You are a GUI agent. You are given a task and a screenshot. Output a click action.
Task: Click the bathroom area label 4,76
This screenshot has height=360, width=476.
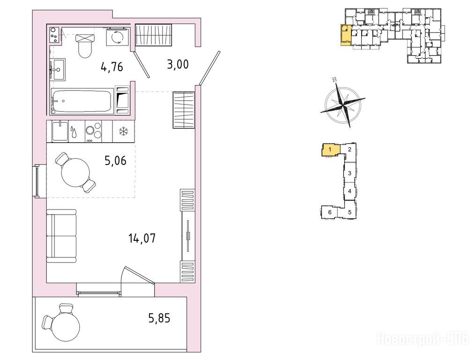[112, 67]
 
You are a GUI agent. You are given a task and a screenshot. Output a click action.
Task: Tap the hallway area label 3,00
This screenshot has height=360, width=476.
[178, 64]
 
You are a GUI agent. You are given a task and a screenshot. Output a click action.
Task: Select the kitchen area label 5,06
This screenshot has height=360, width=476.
[115, 160]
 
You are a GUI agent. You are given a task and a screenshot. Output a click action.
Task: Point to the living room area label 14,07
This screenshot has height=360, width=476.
[142, 238]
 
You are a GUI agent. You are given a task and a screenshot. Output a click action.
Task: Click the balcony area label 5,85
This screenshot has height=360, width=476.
[159, 318]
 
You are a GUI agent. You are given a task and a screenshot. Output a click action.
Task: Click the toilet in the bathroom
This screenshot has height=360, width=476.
[85, 45]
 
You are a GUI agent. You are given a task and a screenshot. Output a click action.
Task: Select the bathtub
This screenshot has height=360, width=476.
[81, 101]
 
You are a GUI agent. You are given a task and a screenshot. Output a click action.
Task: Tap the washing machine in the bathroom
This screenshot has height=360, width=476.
[118, 37]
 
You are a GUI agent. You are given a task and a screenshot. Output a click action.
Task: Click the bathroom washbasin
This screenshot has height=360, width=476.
[57, 69]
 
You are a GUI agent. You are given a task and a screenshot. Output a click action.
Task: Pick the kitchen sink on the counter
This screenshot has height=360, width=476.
[59, 131]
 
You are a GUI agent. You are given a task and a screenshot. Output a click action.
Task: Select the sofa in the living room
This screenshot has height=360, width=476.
[61, 236]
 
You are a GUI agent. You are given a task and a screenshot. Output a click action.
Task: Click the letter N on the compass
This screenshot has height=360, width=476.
[335, 80]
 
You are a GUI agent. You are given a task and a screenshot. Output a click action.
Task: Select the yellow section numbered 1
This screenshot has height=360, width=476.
[331, 150]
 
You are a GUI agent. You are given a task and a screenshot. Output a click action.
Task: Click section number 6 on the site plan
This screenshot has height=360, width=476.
[330, 212]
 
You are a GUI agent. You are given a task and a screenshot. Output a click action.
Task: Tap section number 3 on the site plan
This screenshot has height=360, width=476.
[350, 173]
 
